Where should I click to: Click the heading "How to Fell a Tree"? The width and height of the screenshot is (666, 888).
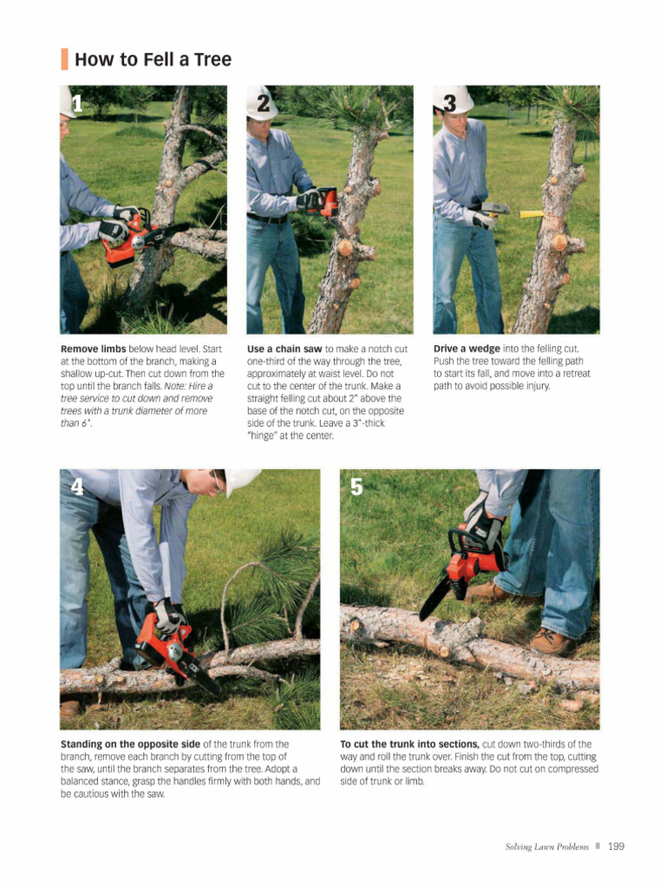pyautogui.click(x=153, y=60)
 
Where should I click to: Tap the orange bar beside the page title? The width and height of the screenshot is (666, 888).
pyautogui.click(x=64, y=60)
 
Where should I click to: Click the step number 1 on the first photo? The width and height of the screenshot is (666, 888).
pyautogui.click(x=77, y=105)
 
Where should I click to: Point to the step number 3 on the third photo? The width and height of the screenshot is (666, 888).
pyautogui.click(x=449, y=103)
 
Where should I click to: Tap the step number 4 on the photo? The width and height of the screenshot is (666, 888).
pyautogui.click(x=77, y=486)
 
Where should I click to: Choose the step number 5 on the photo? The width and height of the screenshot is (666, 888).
pyautogui.click(x=356, y=486)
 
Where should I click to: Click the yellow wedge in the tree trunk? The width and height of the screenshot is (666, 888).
pyautogui.click(x=530, y=213)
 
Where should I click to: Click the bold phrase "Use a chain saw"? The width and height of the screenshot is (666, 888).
pyautogui.click(x=284, y=349)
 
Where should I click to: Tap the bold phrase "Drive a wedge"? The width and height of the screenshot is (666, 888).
pyautogui.click(x=467, y=349)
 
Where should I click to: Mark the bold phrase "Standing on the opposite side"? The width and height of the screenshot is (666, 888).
pyautogui.click(x=130, y=744)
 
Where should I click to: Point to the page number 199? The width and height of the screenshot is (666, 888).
pyautogui.click(x=616, y=846)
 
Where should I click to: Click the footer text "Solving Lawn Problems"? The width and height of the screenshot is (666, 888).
pyautogui.click(x=546, y=847)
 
